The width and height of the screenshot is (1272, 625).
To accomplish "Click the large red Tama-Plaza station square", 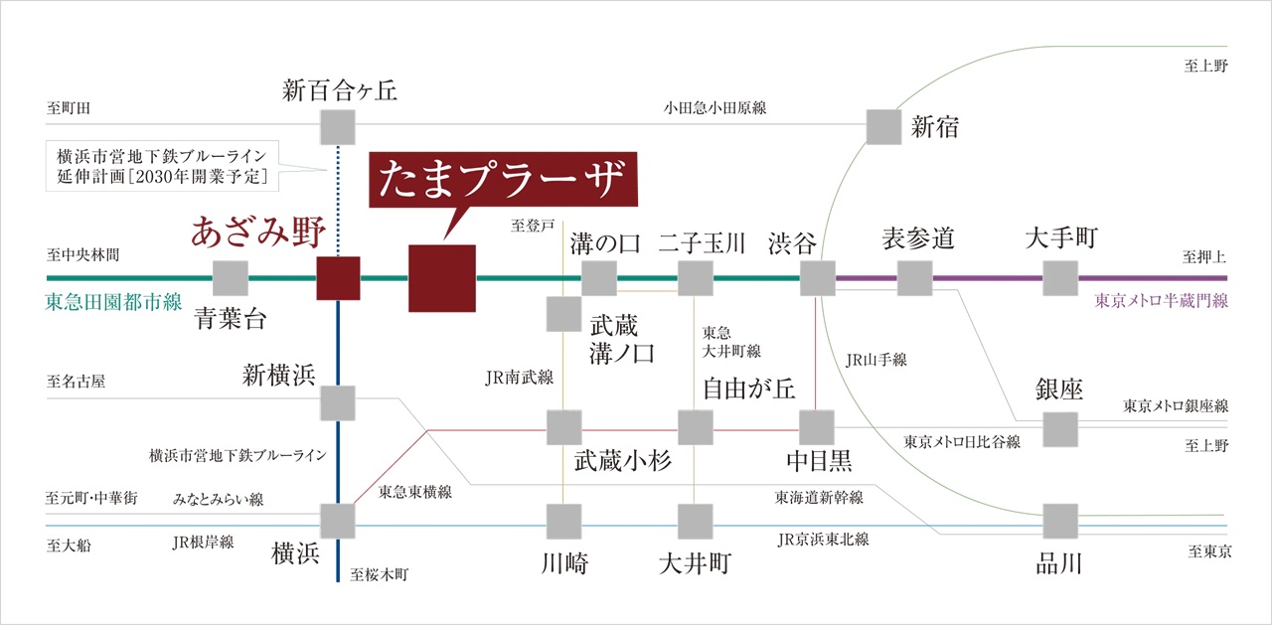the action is point(442,278).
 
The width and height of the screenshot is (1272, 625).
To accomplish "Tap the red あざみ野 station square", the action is point(338,278).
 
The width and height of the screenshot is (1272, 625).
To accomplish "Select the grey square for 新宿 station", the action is point(883,127).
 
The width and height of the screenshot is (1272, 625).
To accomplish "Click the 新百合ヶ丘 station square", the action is point(338,127).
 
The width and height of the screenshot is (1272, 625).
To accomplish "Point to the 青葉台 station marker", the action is point(230,278).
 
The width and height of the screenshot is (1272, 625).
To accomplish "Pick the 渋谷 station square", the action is point(818,278).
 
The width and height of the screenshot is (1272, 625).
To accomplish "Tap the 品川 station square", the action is point(1060,521).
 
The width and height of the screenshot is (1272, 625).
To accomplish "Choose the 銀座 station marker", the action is point(1060,429).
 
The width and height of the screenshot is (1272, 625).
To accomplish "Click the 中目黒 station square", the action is point(817,427).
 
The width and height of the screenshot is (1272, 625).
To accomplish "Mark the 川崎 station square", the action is point(563,521).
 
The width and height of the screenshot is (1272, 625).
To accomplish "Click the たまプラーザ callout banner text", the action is point(502,178).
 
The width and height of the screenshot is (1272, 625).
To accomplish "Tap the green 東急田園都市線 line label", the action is point(113,301).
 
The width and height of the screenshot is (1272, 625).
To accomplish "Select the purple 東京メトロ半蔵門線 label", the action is point(1162,300).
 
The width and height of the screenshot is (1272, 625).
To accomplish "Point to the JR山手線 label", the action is point(876,360).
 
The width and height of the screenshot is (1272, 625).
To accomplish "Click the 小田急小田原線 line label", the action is point(715,108).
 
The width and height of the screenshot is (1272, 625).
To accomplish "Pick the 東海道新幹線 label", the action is point(819,497).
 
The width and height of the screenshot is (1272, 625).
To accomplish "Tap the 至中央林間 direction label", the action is point(82,255).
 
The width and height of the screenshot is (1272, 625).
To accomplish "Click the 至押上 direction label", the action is point(1203,257).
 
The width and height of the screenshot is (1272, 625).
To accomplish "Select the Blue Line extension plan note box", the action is point(162,166).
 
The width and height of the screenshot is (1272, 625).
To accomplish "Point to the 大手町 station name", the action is point(1061,237).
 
